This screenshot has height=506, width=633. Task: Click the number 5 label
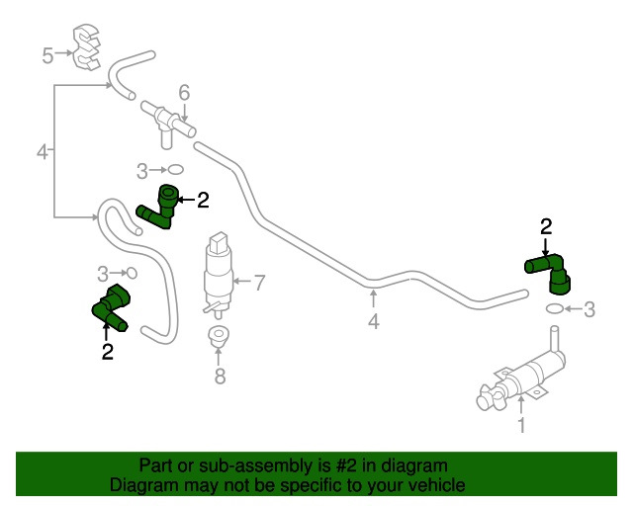[x=46, y=55]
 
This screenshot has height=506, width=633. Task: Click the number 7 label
[x=260, y=284]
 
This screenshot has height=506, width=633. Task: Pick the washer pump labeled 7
[x=218, y=272]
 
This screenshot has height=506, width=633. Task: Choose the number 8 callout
[x=220, y=376]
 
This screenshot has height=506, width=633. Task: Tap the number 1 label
[x=521, y=426]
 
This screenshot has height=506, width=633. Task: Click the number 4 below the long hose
[x=373, y=321]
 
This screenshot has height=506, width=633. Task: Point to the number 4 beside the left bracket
[x=42, y=152]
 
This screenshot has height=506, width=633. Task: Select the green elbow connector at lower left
[x=112, y=307]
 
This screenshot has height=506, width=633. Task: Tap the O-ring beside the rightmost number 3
[x=556, y=309]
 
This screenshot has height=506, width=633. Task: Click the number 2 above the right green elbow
[x=545, y=226]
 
